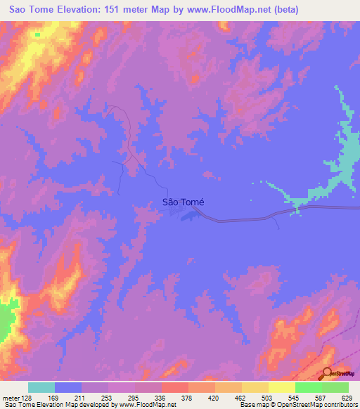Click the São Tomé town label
click(x=183, y=202)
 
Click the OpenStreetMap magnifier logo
click(x=328, y=373)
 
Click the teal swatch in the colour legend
click(x=41, y=387)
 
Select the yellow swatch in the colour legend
click(x=281, y=387)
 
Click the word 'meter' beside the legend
click(x=10, y=398)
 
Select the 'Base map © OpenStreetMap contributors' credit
click(x=297, y=405)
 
